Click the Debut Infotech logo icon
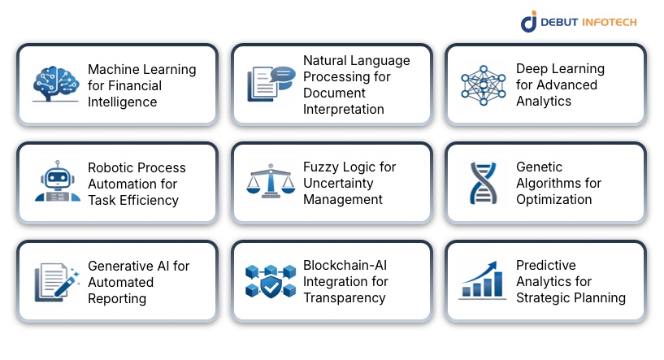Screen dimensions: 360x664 pos(529,21)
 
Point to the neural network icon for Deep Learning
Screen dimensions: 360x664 pos(484,85)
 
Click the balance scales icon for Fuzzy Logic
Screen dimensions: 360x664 pos(270,181)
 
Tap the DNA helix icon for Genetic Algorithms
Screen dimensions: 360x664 pos(484,183)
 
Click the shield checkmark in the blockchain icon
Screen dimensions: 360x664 pos(270,288)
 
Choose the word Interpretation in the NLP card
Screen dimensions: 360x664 pos(344,109)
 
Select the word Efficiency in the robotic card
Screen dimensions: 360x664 pos(149,200)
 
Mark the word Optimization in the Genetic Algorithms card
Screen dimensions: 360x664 pos(553,199)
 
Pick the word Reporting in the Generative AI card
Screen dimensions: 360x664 pos(117,298)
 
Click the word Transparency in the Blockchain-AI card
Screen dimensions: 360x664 pos(344,297)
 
